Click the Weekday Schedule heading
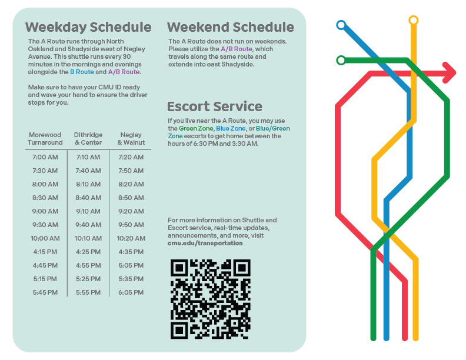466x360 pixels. (88, 27)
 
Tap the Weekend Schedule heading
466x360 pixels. (230, 27)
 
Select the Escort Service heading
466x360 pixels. (215, 106)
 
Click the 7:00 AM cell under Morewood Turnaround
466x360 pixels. (45, 157)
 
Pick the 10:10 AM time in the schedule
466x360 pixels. (88, 238)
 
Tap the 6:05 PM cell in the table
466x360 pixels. (131, 292)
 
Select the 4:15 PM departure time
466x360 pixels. (45, 252)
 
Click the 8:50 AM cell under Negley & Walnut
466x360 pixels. (131, 198)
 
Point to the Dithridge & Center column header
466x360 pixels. (88, 139)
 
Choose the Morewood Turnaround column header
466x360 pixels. (45, 139)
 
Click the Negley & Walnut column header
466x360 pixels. (131, 139)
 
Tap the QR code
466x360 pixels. (211, 299)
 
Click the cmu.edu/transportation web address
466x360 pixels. (205, 243)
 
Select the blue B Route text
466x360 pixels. (82, 72)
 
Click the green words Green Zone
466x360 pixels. (196, 128)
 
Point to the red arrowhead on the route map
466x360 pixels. (450, 73)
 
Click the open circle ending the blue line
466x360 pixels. (341, 25)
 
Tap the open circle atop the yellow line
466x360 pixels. (414, 20)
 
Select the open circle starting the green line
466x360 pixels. (341, 61)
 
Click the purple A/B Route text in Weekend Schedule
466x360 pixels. (237, 49)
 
